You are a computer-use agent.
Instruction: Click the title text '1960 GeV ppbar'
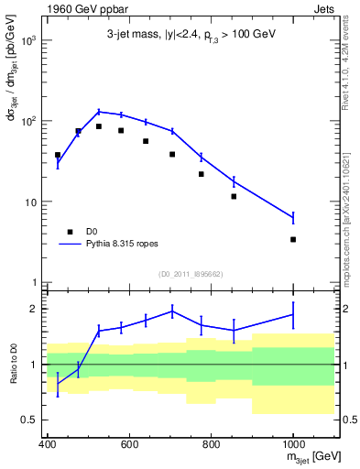(x=80, y=9)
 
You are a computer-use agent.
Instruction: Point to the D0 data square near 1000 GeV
(x=293, y=239)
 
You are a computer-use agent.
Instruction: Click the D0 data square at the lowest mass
(x=58, y=155)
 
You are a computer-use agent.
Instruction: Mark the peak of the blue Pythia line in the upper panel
(x=99, y=112)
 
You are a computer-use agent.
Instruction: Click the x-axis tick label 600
(x=129, y=444)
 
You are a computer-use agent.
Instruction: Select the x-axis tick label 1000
(x=292, y=444)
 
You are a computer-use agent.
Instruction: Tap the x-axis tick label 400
(x=48, y=444)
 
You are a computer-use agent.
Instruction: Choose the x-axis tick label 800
(x=211, y=444)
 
